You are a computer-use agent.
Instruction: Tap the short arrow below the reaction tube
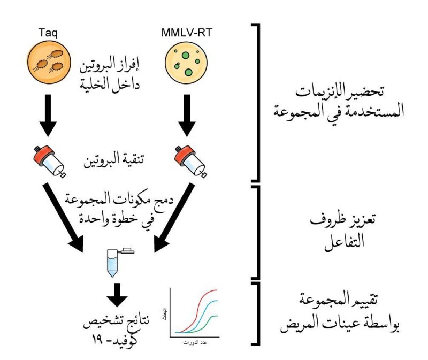click(117, 292)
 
